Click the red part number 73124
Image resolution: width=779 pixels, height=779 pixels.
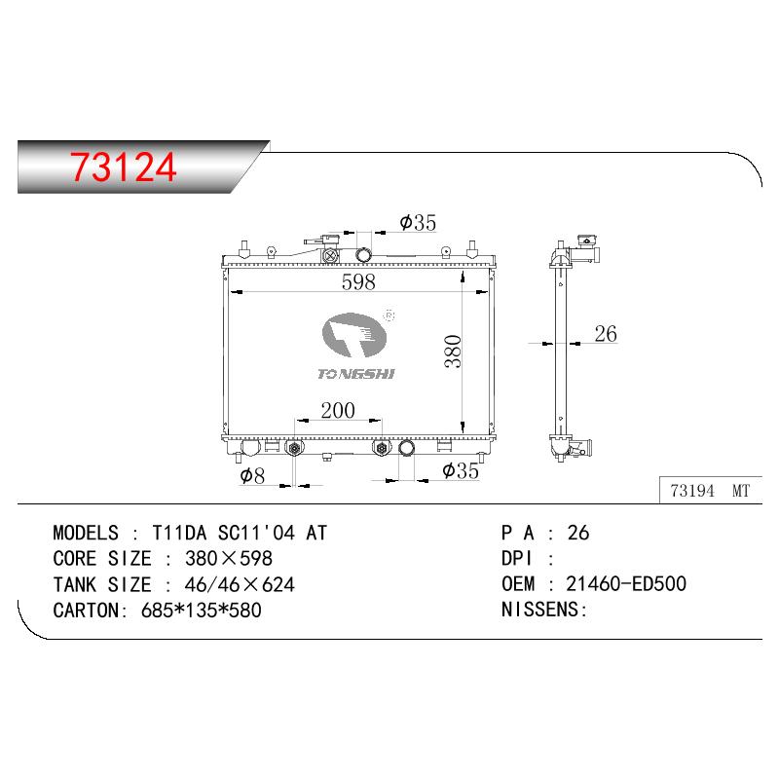tap(124, 167)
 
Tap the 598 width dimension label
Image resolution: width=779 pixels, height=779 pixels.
tap(358, 282)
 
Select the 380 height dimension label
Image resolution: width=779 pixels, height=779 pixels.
tap(453, 352)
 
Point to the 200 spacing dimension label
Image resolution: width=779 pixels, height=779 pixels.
tap(338, 410)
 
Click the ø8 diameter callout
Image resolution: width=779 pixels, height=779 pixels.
tap(252, 475)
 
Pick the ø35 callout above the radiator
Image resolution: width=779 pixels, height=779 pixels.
tap(418, 223)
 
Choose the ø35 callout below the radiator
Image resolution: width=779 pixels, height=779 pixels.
tap(461, 470)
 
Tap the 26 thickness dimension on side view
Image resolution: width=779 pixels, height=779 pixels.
tap(606, 334)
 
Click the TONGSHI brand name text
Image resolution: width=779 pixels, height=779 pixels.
tap(356, 374)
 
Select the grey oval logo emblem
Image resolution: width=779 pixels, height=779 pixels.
tap(354, 335)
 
